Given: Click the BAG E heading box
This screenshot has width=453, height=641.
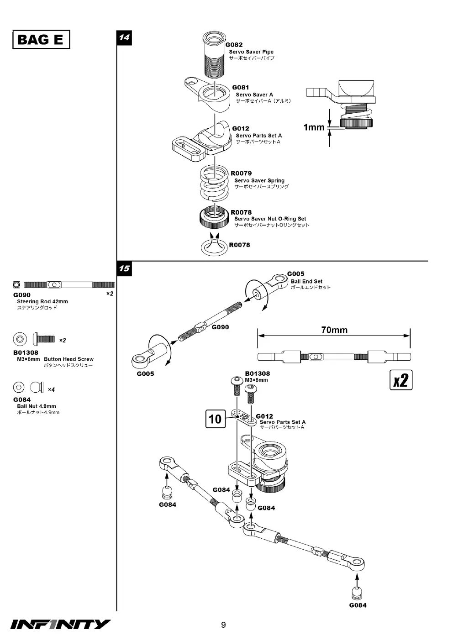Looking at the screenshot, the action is (41, 39).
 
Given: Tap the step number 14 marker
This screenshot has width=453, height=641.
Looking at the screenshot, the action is (124, 38).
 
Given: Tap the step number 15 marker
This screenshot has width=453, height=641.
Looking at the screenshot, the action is (124, 268).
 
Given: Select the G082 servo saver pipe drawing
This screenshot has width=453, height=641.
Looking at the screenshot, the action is (214, 54).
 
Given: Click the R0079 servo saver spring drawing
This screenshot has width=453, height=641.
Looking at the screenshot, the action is (215, 183).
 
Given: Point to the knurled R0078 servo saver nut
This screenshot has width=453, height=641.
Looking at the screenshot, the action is (215, 217).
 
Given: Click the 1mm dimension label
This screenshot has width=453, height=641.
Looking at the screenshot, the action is (314, 127).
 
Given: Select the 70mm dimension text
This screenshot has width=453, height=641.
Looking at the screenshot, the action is (334, 330).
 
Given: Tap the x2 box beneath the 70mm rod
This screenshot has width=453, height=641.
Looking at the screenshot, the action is (401, 380).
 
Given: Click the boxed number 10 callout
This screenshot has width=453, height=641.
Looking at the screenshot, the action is (215, 419).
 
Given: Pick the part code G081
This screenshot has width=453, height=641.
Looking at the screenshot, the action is (240, 88).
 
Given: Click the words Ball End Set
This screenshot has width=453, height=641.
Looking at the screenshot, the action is (306, 281).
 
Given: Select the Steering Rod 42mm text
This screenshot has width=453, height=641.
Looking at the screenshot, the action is (42, 301).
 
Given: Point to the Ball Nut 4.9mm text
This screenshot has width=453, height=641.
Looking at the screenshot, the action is (37, 406).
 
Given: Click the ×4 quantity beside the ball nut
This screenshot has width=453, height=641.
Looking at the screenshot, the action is (51, 389).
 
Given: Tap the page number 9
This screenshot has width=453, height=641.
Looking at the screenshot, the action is (223, 625).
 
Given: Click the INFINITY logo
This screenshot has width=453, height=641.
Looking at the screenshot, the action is (60, 625).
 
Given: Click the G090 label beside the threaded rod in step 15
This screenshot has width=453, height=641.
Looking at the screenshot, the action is (220, 327).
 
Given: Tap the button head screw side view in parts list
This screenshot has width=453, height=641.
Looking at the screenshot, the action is (44, 339).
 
